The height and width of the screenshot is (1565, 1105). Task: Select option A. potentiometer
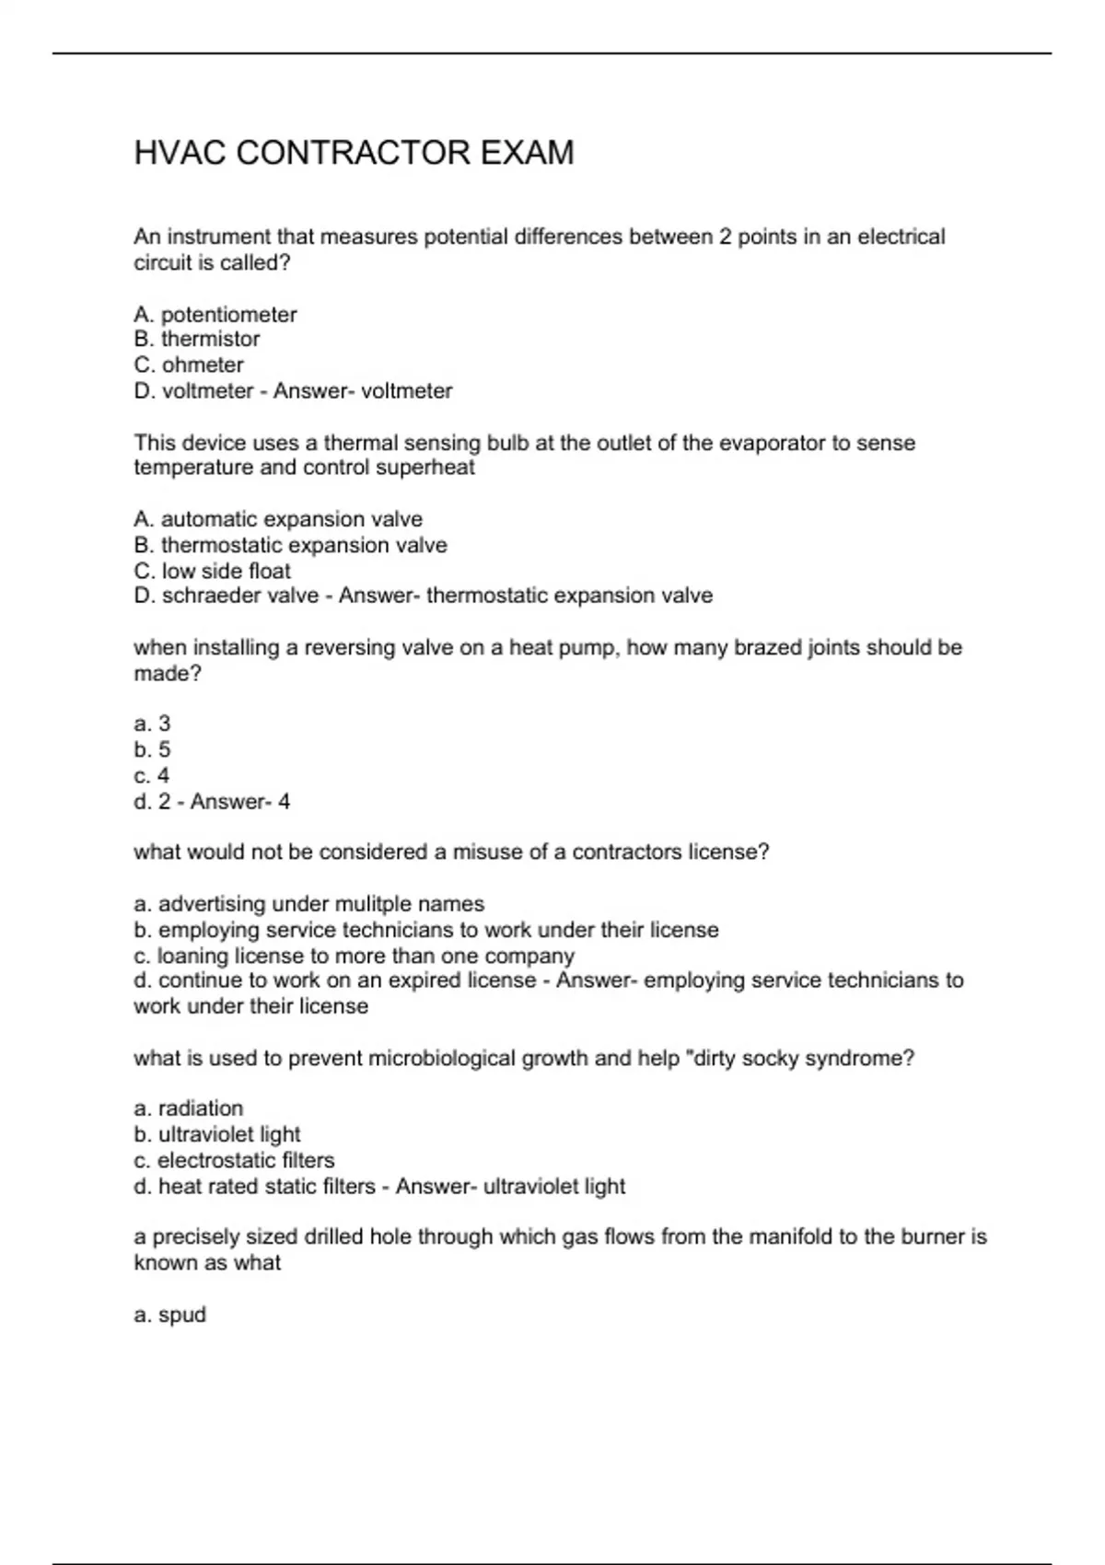point(215,315)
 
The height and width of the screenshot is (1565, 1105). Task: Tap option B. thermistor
point(197,340)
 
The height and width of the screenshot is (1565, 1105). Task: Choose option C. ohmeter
point(189,365)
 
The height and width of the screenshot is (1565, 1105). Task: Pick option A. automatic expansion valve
point(278,519)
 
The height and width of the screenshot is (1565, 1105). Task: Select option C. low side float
point(212,571)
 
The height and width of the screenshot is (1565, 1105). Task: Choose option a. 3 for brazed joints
point(152,725)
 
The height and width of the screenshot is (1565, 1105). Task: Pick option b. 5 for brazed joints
point(152,750)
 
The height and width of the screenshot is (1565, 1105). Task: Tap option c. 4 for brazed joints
point(152,776)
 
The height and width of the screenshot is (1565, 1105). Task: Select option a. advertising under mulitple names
point(308,904)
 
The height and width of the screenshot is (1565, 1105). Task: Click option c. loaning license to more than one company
point(354,956)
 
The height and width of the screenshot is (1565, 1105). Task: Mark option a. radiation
point(189,1108)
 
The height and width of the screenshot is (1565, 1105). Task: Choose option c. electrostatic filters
point(234,1160)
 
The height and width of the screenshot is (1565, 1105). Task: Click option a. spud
point(170,1315)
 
